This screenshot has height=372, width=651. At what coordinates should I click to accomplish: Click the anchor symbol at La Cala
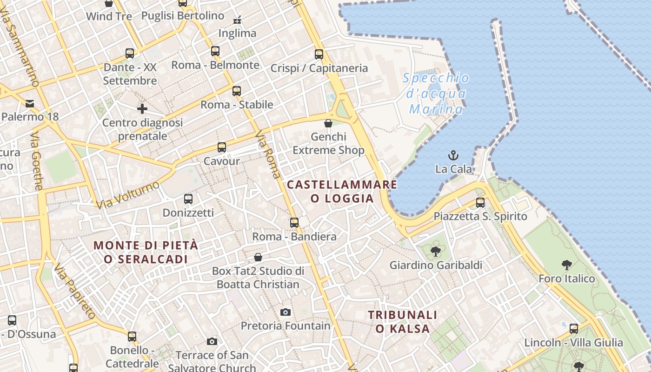point(453,155)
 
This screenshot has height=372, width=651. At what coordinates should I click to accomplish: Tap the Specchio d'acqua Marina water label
point(436,93)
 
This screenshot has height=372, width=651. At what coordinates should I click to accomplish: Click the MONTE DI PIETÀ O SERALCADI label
point(146,252)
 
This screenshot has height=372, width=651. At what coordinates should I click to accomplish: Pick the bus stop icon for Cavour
point(222,147)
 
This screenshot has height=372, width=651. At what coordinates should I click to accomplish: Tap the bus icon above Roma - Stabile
point(237,91)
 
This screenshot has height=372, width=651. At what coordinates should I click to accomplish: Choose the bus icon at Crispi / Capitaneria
point(319,54)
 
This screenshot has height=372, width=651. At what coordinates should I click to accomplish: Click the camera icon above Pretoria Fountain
point(286,312)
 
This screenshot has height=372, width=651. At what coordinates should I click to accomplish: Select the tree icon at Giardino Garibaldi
point(435,252)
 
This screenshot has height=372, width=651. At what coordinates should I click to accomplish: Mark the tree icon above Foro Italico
point(566,265)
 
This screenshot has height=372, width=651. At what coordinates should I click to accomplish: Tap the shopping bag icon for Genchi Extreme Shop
point(328,123)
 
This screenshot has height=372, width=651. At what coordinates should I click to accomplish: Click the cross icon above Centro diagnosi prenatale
point(142,109)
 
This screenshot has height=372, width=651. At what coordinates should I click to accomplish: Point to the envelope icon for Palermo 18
point(30,103)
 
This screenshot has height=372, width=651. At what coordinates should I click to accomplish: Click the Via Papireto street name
point(74,291)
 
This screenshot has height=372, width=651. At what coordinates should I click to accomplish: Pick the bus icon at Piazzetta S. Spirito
point(480,203)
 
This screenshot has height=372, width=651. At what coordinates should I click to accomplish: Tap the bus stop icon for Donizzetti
point(188,199)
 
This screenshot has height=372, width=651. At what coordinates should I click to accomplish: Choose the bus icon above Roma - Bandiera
point(294,223)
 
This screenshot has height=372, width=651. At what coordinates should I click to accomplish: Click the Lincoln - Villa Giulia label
point(573,343)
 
